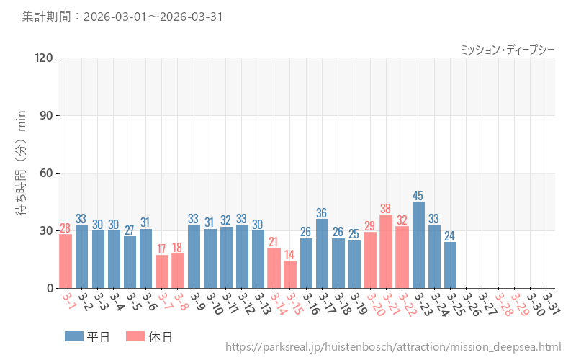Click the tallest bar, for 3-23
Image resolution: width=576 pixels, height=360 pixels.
pos(418,245)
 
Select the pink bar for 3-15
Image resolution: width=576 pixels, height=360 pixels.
pos(290,274)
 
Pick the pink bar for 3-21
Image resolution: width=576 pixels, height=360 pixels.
pos(386,251)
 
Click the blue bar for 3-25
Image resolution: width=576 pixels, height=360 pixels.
pos(450,265)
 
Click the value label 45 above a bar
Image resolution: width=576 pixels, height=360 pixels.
pos(418,195)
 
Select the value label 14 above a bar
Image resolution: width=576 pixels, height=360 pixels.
pos(290,255)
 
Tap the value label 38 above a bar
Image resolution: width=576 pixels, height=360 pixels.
pos(386,209)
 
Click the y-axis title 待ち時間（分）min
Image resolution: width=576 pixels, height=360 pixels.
pos(22,173)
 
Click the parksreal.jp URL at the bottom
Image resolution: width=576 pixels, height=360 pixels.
pos(392,348)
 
